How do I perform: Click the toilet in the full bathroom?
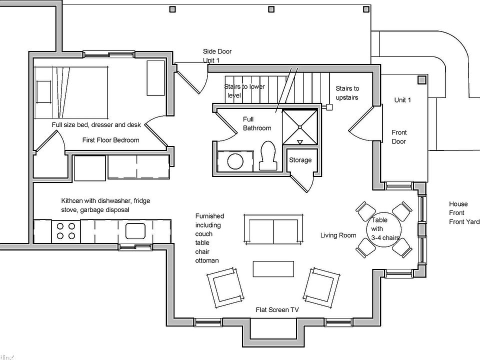coord(267,154)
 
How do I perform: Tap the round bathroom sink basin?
coord(234,161)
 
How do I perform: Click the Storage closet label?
coord(300,160)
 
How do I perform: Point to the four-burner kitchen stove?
coord(65,230)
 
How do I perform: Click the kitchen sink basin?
coord(135,231)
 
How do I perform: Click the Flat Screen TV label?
coord(277,310)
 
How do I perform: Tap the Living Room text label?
coord(338,235)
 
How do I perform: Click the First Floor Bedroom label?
coord(110,140)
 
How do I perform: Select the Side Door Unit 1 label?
coord(217,55)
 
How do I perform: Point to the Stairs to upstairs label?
coord(347,93)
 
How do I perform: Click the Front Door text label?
coord(399,137)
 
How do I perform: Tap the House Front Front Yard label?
coord(463,213)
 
